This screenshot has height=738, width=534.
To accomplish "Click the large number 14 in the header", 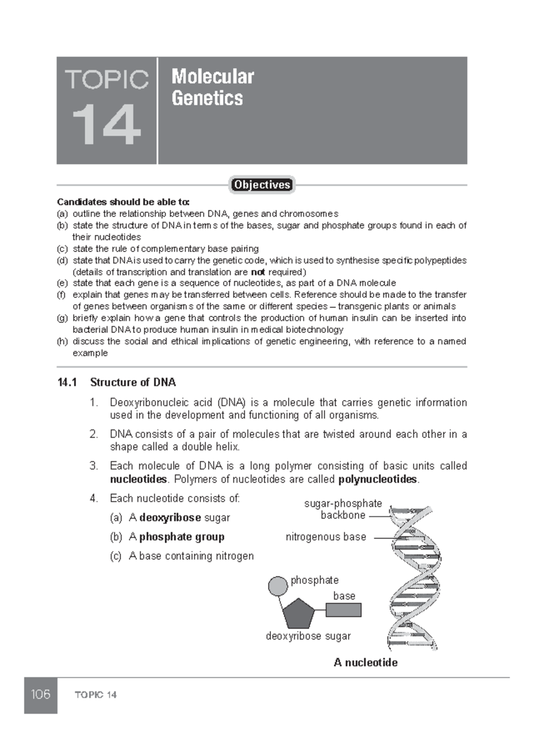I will coord(106,125).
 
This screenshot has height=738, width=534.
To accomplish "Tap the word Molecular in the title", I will coord(213,77).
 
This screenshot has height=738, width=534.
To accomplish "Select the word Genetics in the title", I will coord(207,98).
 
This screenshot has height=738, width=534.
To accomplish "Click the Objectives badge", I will coord(262,185).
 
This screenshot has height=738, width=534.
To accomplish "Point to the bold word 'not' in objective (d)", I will coord(258,272).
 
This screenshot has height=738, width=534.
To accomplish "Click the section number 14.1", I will coord(67,383).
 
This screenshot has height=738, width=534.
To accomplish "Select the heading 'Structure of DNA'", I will coord(133,383).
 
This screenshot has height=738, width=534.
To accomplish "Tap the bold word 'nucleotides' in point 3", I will coord(138,480).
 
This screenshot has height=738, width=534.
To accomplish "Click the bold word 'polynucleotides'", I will coord(378,480).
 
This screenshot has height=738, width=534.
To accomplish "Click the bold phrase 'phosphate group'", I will coord(182,537).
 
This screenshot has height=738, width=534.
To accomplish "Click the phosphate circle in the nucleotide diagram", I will coord(278,586).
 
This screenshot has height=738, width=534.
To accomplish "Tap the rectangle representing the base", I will coord(343,610).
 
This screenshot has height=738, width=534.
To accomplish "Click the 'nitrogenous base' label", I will coord(326,537).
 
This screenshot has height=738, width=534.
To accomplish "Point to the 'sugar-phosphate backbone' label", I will coord(343,510).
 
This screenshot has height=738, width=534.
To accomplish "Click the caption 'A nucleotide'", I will coord(365,663).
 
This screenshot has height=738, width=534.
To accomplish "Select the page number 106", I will coord(40,694).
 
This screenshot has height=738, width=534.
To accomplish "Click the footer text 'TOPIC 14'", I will coord(96,695).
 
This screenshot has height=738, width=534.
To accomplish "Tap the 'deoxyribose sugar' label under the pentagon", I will coord(308,636).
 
